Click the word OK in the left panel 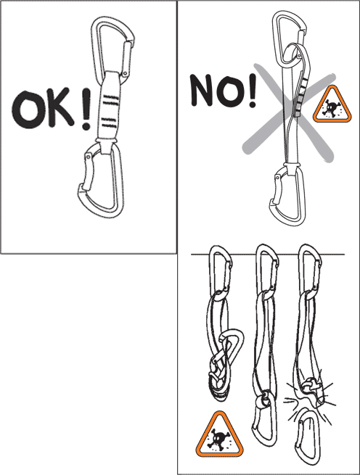pos(43,109)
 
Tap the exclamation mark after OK pos(86,109)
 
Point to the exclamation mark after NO pos(252,91)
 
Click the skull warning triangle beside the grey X pos(332,104)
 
